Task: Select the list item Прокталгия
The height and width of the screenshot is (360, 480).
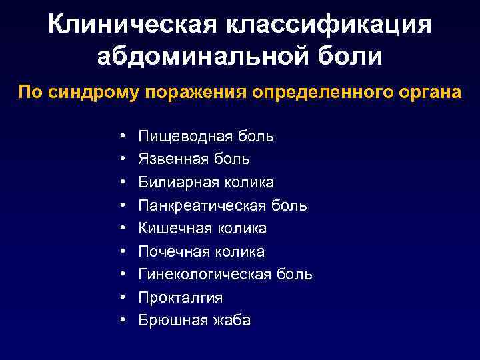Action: click(x=180, y=297)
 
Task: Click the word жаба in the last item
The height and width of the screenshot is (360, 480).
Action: click(x=232, y=321)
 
